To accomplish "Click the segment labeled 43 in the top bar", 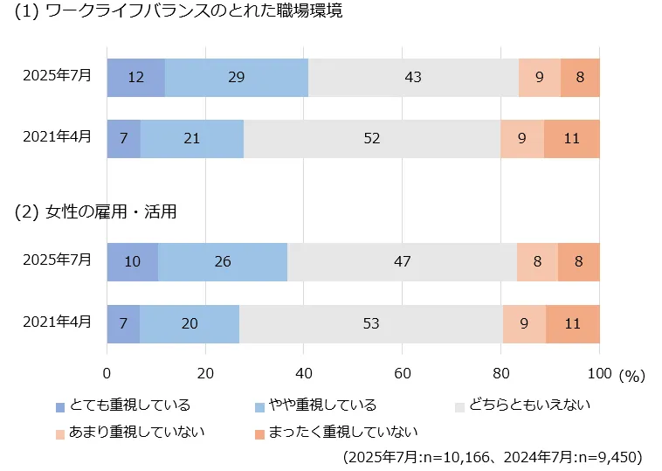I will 413,77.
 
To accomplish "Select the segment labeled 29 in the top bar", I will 236,77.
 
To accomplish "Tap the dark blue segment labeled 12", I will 135,77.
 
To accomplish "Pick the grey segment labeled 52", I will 372,139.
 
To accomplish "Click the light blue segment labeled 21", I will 191,139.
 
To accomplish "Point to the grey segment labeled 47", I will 402,261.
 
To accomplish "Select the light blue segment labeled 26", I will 223,261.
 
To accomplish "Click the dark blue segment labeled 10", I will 132,261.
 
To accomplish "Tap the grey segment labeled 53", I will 371,323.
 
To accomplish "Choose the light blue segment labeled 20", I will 190,323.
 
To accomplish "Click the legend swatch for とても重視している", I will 59,406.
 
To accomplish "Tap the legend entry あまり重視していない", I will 130,432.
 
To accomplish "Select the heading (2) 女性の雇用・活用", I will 96,211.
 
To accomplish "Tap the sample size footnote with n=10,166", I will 493,457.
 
